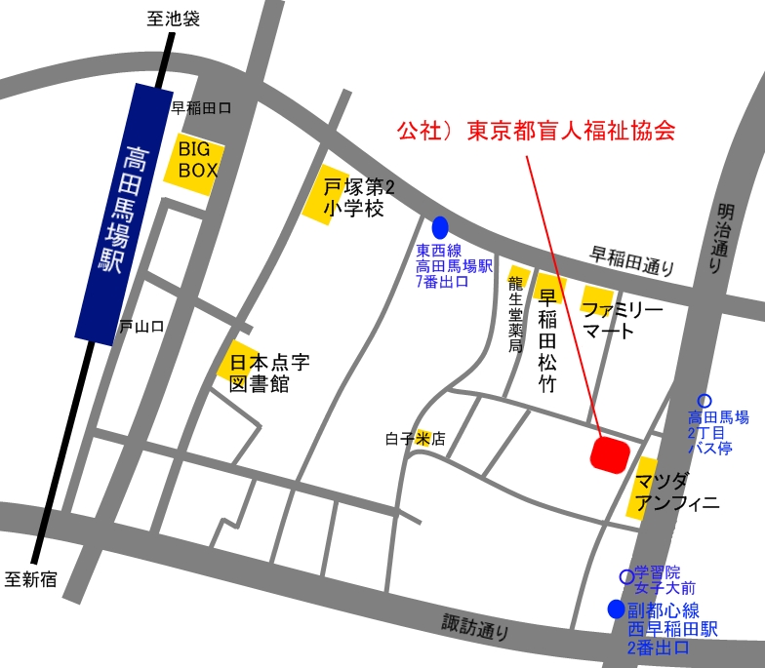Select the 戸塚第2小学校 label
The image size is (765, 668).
click(353, 196)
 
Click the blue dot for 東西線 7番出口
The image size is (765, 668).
click(440, 227)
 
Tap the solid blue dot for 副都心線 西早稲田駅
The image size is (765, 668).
click(616, 609)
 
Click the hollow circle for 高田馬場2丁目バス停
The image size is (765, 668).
click(705, 400)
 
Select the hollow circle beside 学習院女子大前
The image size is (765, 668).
click(626, 576)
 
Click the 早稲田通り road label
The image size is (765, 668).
click(632, 259)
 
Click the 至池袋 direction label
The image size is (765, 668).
click(174, 18)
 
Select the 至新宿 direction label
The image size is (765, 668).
click(31, 579)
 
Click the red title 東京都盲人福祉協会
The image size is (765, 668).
click(536, 131)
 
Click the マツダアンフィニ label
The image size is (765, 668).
click(676, 492)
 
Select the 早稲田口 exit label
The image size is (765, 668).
click(201, 108)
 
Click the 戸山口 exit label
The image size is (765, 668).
click(141, 327)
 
